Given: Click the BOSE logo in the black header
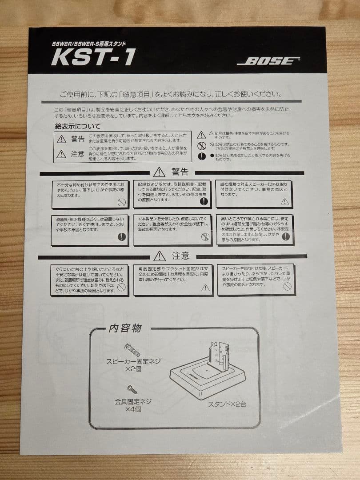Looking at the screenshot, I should click(x=268, y=61).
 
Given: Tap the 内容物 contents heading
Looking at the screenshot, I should click(x=125, y=328).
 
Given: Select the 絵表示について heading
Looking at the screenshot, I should click(x=78, y=126).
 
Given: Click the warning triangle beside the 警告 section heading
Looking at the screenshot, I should click(x=159, y=172).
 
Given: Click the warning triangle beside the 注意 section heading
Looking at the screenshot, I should click(x=160, y=256).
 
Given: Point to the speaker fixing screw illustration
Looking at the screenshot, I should click(x=132, y=349).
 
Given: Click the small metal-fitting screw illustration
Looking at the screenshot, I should click(x=132, y=389).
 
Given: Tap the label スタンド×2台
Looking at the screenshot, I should click(x=227, y=404).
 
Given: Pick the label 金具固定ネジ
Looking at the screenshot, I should click(x=133, y=401).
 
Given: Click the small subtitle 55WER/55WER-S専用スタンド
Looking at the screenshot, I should click(x=89, y=44).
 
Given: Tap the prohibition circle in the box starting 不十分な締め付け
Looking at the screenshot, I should click(x=121, y=202).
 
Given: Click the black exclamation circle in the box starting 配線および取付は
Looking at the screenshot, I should click(x=204, y=201).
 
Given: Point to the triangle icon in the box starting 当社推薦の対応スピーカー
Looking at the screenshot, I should click(x=285, y=201).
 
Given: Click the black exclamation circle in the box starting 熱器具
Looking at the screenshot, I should click(x=121, y=237).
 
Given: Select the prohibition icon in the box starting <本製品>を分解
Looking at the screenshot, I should click(x=205, y=237).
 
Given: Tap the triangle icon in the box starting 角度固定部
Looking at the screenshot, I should click(x=205, y=288).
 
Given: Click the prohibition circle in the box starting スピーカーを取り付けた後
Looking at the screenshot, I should click(x=287, y=287).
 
